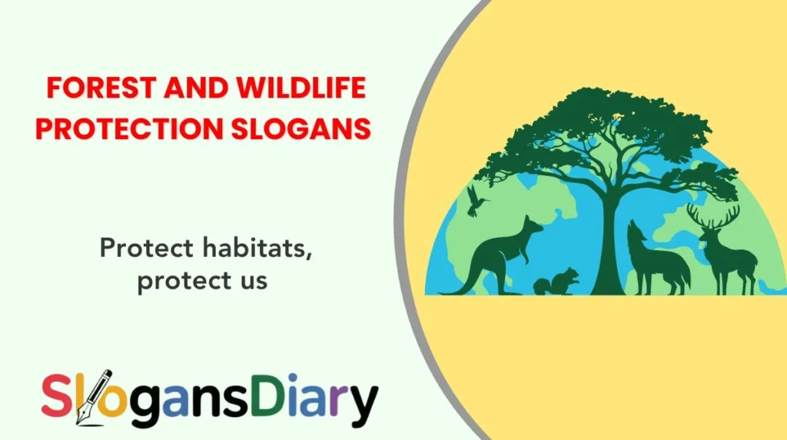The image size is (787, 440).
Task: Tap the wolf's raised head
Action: tap(635, 231)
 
